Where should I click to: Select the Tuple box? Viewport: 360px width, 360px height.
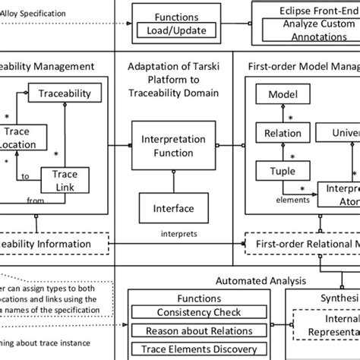point(282,172)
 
